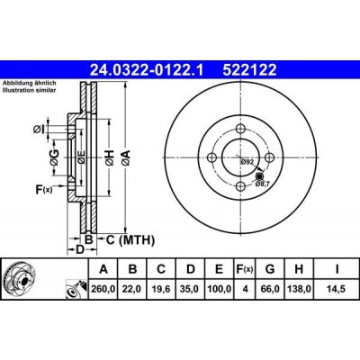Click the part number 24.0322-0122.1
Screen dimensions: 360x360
coord(147,70)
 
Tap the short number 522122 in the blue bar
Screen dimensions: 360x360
coord(249,70)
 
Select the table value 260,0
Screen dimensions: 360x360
coord(103,289)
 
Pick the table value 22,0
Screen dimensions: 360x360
coord(132,289)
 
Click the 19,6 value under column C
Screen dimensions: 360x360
coord(161,289)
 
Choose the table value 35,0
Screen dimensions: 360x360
coord(190,289)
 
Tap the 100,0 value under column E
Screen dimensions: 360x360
coord(220,289)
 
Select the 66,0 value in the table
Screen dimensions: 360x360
coord(270,289)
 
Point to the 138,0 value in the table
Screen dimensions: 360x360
coord(299,289)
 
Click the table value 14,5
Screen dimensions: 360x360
coord(337,289)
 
